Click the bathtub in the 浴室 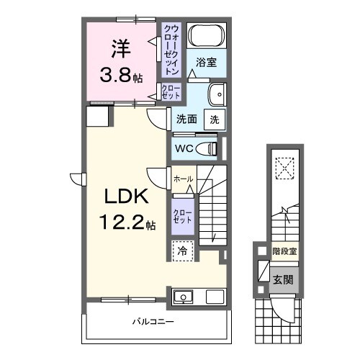click(207, 36)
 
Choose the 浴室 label click(206, 63)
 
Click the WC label click(184, 149)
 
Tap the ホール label click(182, 176)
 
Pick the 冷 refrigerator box click(182, 251)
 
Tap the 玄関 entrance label click(282, 277)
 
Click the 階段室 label click(283, 251)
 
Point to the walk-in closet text click(171, 50)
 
